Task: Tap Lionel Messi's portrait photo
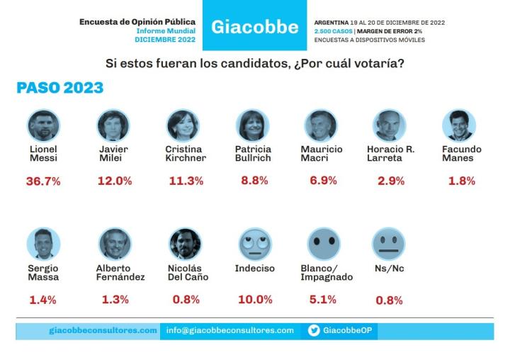(44, 125)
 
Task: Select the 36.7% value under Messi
(44, 181)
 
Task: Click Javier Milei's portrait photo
(113, 125)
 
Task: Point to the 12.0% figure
(114, 181)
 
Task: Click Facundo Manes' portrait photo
(458, 125)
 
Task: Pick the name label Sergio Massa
(44, 273)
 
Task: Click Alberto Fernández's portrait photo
(113, 243)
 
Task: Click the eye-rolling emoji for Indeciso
(253, 243)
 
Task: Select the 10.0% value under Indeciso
(254, 299)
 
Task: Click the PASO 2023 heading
(59, 88)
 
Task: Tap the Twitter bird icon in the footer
(314, 330)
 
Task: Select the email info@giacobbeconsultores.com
(230, 330)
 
